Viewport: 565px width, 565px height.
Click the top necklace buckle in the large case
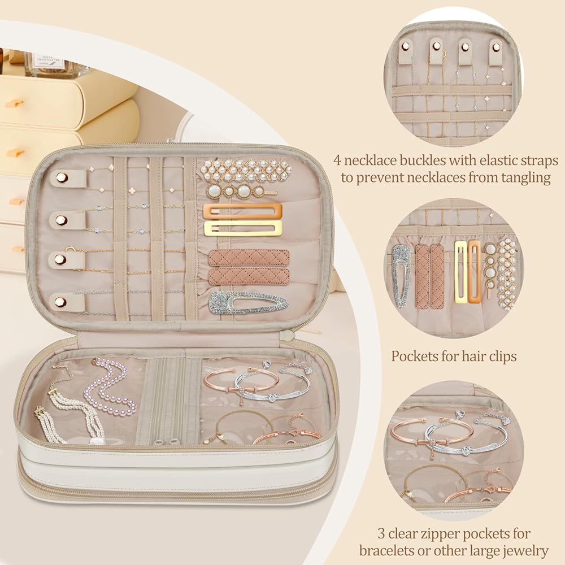(x=63, y=179)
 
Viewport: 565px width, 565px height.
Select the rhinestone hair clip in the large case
(x=247, y=302)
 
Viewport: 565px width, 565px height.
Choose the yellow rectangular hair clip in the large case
(x=242, y=228)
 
